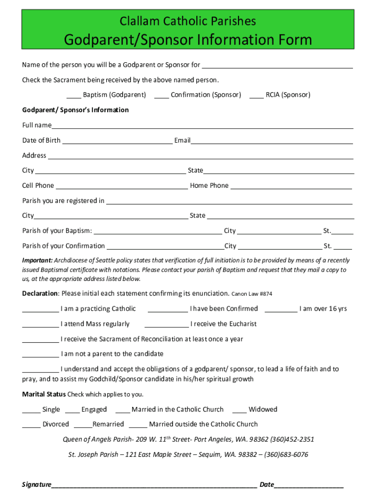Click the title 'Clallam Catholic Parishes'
(188, 21)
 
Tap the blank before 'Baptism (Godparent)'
(74, 96)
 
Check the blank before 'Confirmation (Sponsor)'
(162, 96)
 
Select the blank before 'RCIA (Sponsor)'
(257, 96)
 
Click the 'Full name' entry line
(202, 126)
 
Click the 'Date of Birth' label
(42, 141)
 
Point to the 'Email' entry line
(272, 141)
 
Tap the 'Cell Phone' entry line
(121, 186)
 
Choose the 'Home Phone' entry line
(291, 186)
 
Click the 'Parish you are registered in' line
(229, 201)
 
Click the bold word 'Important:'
(37, 261)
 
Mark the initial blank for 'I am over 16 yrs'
(281, 309)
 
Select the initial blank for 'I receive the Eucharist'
(166, 325)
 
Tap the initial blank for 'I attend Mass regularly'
(41, 325)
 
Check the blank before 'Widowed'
(239, 410)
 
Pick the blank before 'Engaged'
(72, 410)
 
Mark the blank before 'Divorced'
(31, 425)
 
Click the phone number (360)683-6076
(286, 455)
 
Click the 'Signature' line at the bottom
(154, 486)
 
